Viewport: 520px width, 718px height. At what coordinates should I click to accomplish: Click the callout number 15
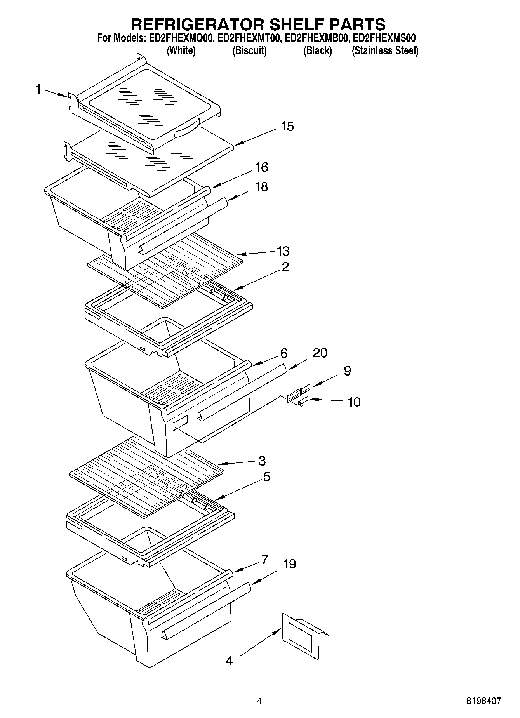pyautogui.click(x=287, y=127)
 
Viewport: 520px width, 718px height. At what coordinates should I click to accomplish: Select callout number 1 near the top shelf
pyautogui.click(x=38, y=90)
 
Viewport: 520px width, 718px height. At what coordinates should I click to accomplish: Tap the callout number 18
pyautogui.click(x=261, y=187)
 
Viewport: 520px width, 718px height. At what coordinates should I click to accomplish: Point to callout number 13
pyautogui.click(x=283, y=251)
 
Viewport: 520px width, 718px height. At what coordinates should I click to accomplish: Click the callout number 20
pyautogui.click(x=320, y=353)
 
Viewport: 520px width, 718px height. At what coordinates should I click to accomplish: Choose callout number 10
pyautogui.click(x=354, y=402)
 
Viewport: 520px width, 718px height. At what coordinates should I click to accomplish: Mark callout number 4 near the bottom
pyautogui.click(x=230, y=661)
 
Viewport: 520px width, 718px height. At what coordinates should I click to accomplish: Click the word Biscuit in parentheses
pyautogui.click(x=249, y=50)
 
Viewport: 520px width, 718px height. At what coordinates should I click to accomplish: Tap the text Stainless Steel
pyautogui.click(x=385, y=50)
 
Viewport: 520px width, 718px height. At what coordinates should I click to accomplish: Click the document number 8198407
pyautogui.click(x=483, y=701)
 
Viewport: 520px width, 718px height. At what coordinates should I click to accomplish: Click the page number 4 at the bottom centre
pyautogui.click(x=259, y=701)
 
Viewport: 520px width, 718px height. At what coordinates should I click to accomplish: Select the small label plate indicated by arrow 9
pyautogui.click(x=306, y=388)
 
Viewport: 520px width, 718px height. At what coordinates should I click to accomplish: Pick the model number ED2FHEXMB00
pyautogui.click(x=317, y=38)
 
